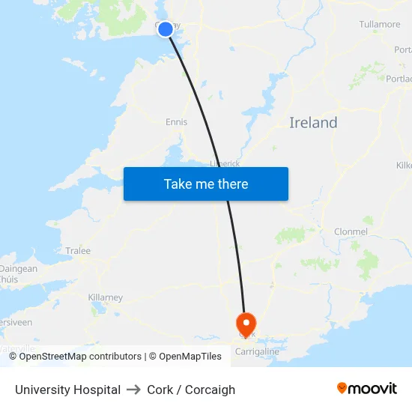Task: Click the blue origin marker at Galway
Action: (166, 29)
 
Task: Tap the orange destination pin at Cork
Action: (246, 323)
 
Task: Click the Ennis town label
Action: (177, 122)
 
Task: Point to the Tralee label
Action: (78, 251)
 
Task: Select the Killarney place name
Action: (105, 297)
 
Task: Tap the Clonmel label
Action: (351, 231)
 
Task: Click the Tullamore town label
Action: (379, 25)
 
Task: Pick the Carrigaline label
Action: (257, 351)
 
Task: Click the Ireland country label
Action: (313, 123)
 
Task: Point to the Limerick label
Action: (224, 163)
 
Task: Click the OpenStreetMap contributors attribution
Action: (80, 357)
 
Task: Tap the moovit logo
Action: (367, 389)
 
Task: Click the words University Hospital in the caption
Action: (67, 390)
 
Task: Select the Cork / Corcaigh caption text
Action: (191, 390)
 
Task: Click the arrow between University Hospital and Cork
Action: (134, 390)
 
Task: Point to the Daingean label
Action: (19, 269)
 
